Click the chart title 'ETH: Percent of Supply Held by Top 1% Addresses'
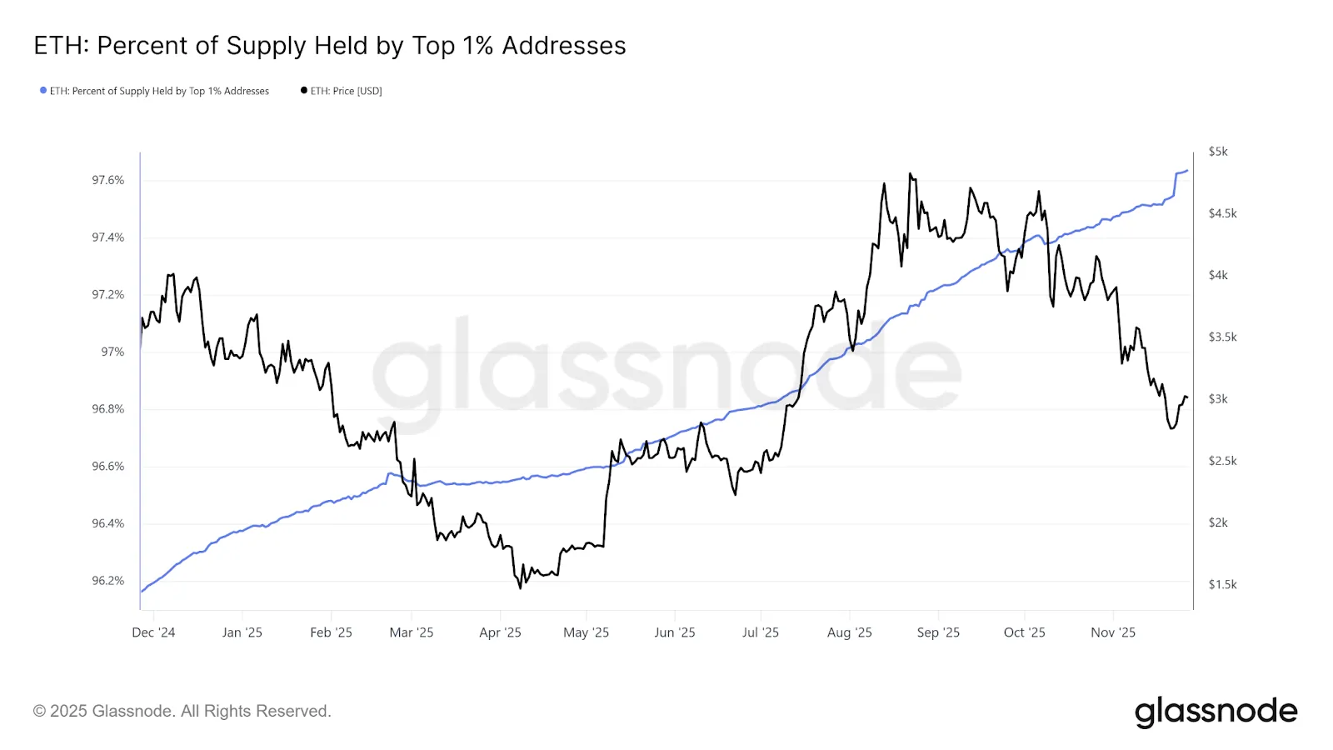coord(330,46)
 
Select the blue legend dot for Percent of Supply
coord(43,90)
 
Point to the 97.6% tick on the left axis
coord(107,180)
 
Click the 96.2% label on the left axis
coord(107,581)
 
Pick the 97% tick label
coord(112,352)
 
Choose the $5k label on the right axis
coord(1218,152)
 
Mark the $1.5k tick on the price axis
coord(1222,584)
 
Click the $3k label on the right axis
coord(1218,399)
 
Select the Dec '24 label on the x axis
coord(153,632)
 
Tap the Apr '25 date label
coord(500,632)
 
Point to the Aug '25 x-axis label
coord(849,632)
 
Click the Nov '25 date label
coord(1113,632)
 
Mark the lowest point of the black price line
coord(521,588)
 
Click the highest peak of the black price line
coord(910,174)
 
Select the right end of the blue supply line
coord(1187,171)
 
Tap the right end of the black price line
coord(1186,397)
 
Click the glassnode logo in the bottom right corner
coord(1216,712)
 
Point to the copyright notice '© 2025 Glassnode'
coord(182,711)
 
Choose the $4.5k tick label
coord(1222,213)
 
